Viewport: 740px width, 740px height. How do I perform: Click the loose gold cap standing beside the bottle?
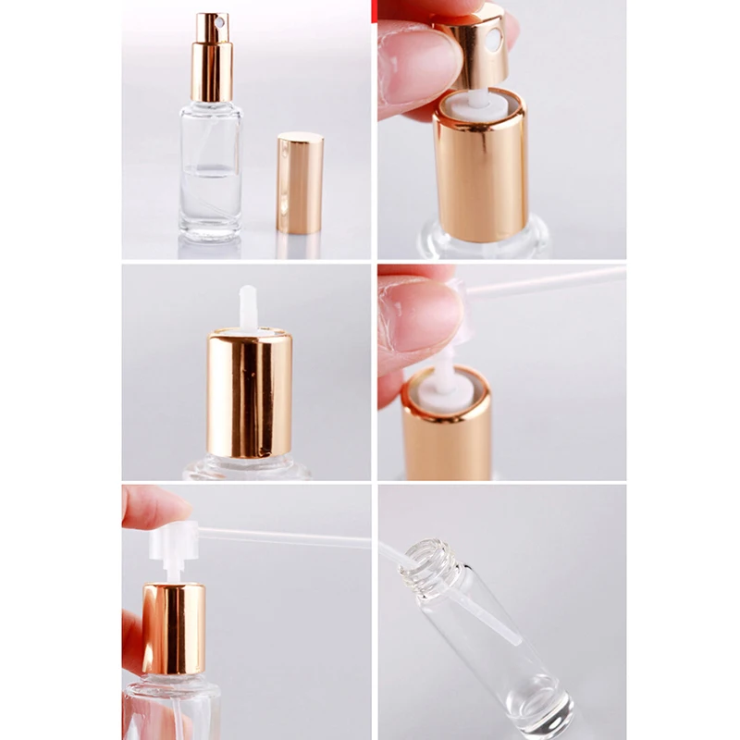[x=300, y=183]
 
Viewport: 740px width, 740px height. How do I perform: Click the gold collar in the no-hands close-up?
[x=249, y=393]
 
